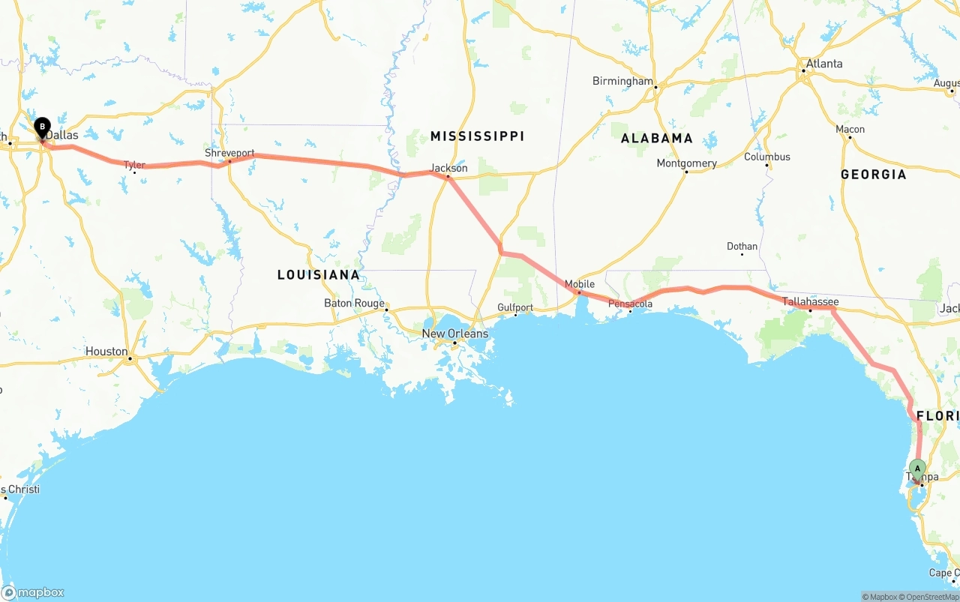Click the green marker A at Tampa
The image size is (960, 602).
pyautogui.click(x=916, y=469)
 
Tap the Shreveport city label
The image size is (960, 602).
pyautogui.click(x=229, y=153)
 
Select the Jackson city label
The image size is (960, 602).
pyautogui.click(x=448, y=168)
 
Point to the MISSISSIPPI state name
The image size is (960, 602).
pyautogui.click(x=477, y=136)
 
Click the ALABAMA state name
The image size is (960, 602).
pyautogui.click(x=657, y=138)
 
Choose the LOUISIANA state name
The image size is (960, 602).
pyautogui.click(x=319, y=274)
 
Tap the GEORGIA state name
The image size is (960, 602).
pyautogui.click(x=873, y=174)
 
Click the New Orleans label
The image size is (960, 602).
pyautogui.click(x=454, y=334)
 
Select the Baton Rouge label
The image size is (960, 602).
pyautogui.click(x=354, y=303)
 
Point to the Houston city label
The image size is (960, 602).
pyautogui.click(x=106, y=351)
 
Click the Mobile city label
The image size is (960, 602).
pyautogui.click(x=579, y=284)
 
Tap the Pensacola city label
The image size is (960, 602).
pyautogui.click(x=630, y=304)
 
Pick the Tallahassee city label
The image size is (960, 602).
pyautogui.click(x=810, y=301)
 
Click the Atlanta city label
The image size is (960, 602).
pyautogui.click(x=824, y=64)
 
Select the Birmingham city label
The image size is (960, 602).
pyautogui.click(x=622, y=81)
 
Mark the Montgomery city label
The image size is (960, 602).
pyautogui.click(x=686, y=163)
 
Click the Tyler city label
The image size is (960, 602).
pyautogui.click(x=134, y=165)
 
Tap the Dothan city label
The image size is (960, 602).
pyautogui.click(x=742, y=246)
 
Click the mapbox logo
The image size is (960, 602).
pyautogui.click(x=33, y=592)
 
